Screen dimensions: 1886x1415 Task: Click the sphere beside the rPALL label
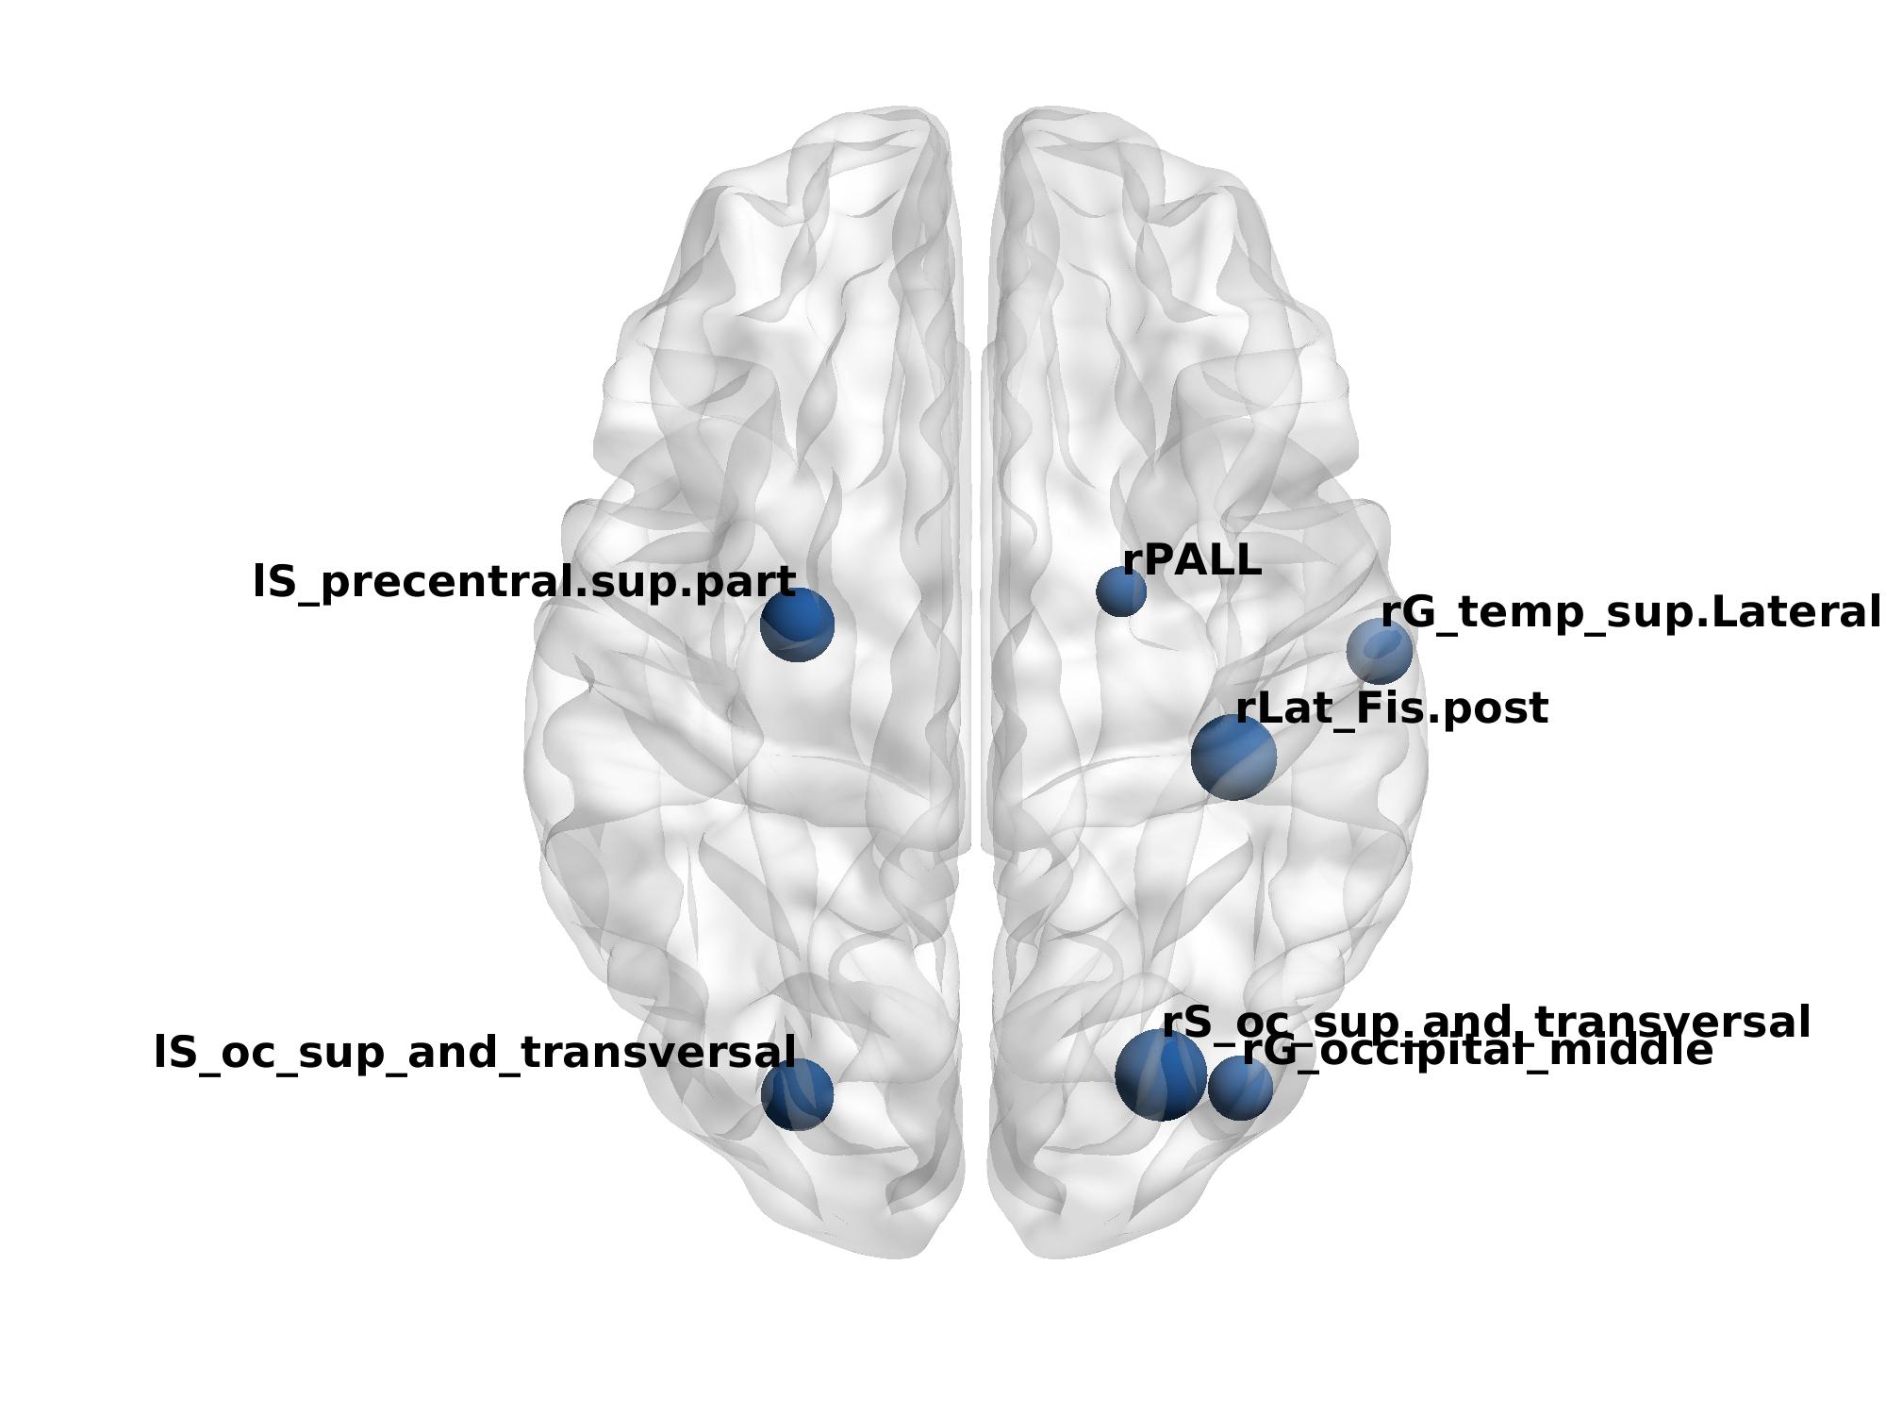tap(1121, 592)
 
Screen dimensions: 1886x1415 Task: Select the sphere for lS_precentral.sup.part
tap(798, 624)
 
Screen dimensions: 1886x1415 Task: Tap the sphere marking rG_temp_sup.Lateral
tap(1380, 651)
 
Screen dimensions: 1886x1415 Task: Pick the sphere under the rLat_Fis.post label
tap(1233, 757)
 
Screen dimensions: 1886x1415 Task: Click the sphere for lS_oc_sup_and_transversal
tap(798, 1094)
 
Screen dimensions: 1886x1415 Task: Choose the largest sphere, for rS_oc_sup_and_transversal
tap(1160, 1075)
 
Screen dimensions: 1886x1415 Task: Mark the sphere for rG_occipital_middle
tap(1241, 1089)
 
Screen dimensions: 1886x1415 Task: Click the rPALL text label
tap(1192, 560)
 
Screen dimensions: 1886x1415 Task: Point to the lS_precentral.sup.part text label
tap(524, 583)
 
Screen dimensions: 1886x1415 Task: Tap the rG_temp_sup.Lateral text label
tap(1630, 613)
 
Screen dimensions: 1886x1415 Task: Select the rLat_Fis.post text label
tap(1391, 709)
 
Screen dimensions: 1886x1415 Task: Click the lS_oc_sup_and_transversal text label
tap(474, 1053)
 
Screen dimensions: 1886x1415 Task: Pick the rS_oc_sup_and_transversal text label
tap(1485, 1023)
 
